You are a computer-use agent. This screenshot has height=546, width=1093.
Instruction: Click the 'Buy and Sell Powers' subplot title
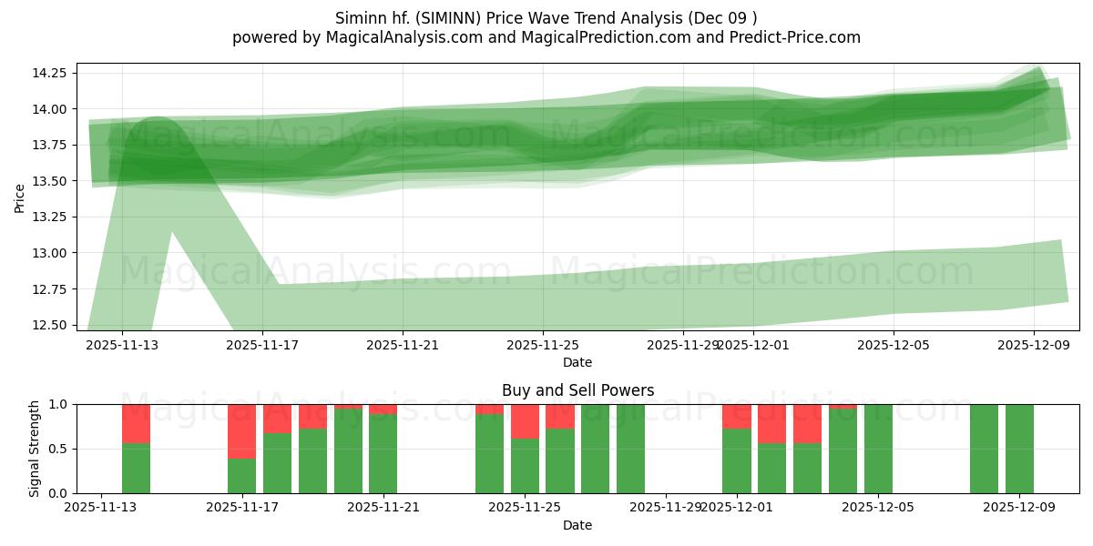click(x=577, y=390)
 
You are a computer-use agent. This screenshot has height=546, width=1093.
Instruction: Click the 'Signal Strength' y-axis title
click(x=35, y=449)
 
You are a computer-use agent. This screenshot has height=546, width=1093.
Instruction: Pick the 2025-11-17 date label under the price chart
click(x=262, y=345)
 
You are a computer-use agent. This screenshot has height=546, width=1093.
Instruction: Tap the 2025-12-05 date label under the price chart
click(x=893, y=345)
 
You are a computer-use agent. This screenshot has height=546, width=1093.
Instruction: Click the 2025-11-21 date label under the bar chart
click(x=383, y=508)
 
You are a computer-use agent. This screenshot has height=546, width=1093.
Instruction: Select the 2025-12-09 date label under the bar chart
click(x=1019, y=508)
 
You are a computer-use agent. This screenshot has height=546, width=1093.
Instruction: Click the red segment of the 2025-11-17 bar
click(x=242, y=430)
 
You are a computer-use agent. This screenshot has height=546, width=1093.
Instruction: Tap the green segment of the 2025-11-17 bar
click(x=242, y=476)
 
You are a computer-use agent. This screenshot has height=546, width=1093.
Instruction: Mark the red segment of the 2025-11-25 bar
click(x=525, y=421)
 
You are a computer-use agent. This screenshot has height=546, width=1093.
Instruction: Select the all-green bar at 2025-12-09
click(x=1019, y=449)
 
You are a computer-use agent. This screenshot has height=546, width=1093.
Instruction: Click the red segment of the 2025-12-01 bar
click(x=736, y=416)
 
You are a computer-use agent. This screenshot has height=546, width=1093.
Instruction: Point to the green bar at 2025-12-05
click(x=878, y=449)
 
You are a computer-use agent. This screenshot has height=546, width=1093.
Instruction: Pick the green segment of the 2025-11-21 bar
click(x=383, y=454)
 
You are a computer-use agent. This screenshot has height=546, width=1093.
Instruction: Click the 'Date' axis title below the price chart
click(x=577, y=362)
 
